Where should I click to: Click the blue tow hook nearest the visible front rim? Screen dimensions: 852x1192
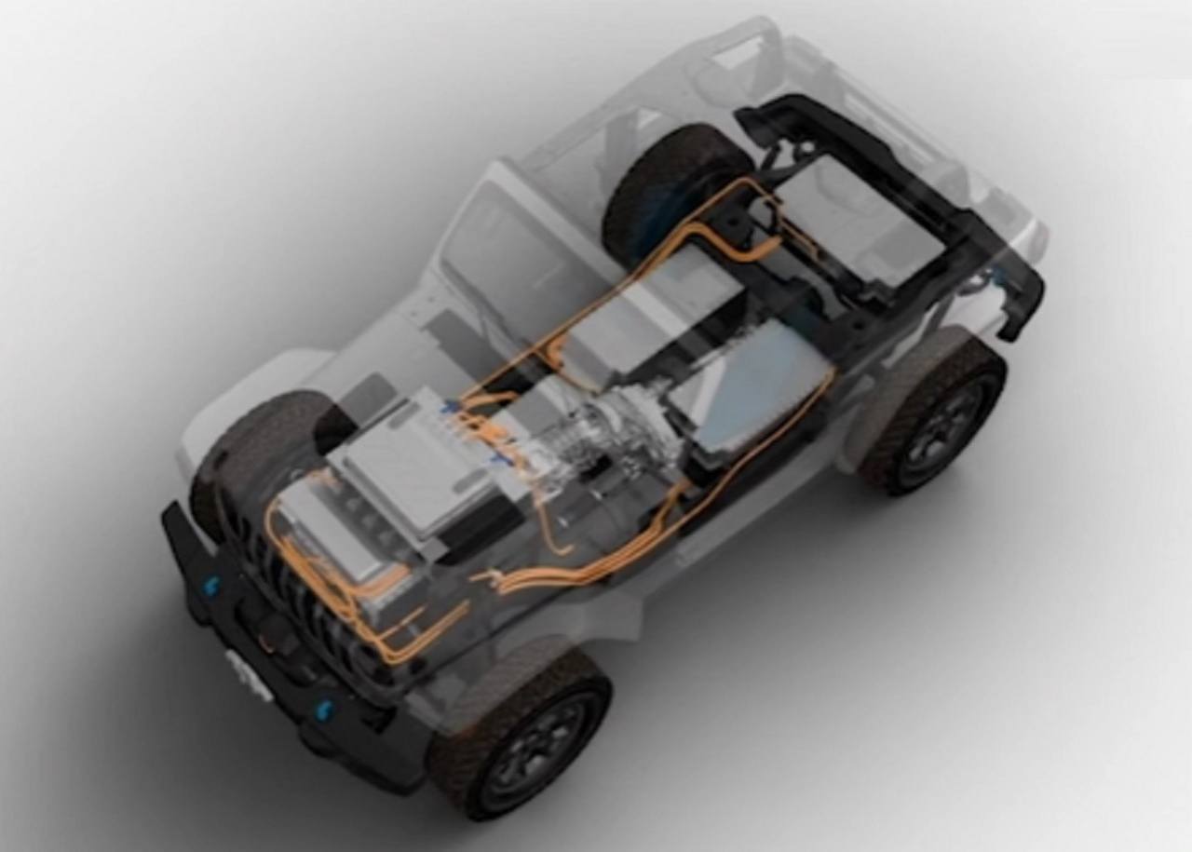click(x=324, y=710)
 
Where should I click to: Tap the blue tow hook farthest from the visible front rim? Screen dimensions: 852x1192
click(x=211, y=585)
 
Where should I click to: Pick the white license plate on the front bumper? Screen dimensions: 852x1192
click(x=250, y=673)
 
